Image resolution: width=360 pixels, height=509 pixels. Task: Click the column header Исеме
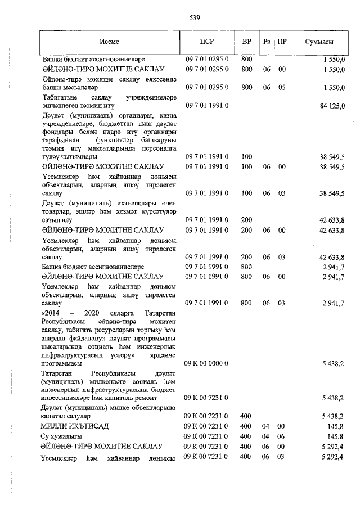click(x=110, y=42)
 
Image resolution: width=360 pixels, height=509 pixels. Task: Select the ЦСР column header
click(x=207, y=42)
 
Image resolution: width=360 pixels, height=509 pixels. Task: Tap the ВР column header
click(x=246, y=42)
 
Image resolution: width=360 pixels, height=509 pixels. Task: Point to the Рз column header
click(x=267, y=42)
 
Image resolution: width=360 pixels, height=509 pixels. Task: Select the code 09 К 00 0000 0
click(x=206, y=363)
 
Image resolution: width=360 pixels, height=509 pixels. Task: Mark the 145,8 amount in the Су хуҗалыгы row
click(x=336, y=436)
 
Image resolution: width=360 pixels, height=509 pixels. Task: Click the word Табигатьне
click(x=61, y=97)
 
